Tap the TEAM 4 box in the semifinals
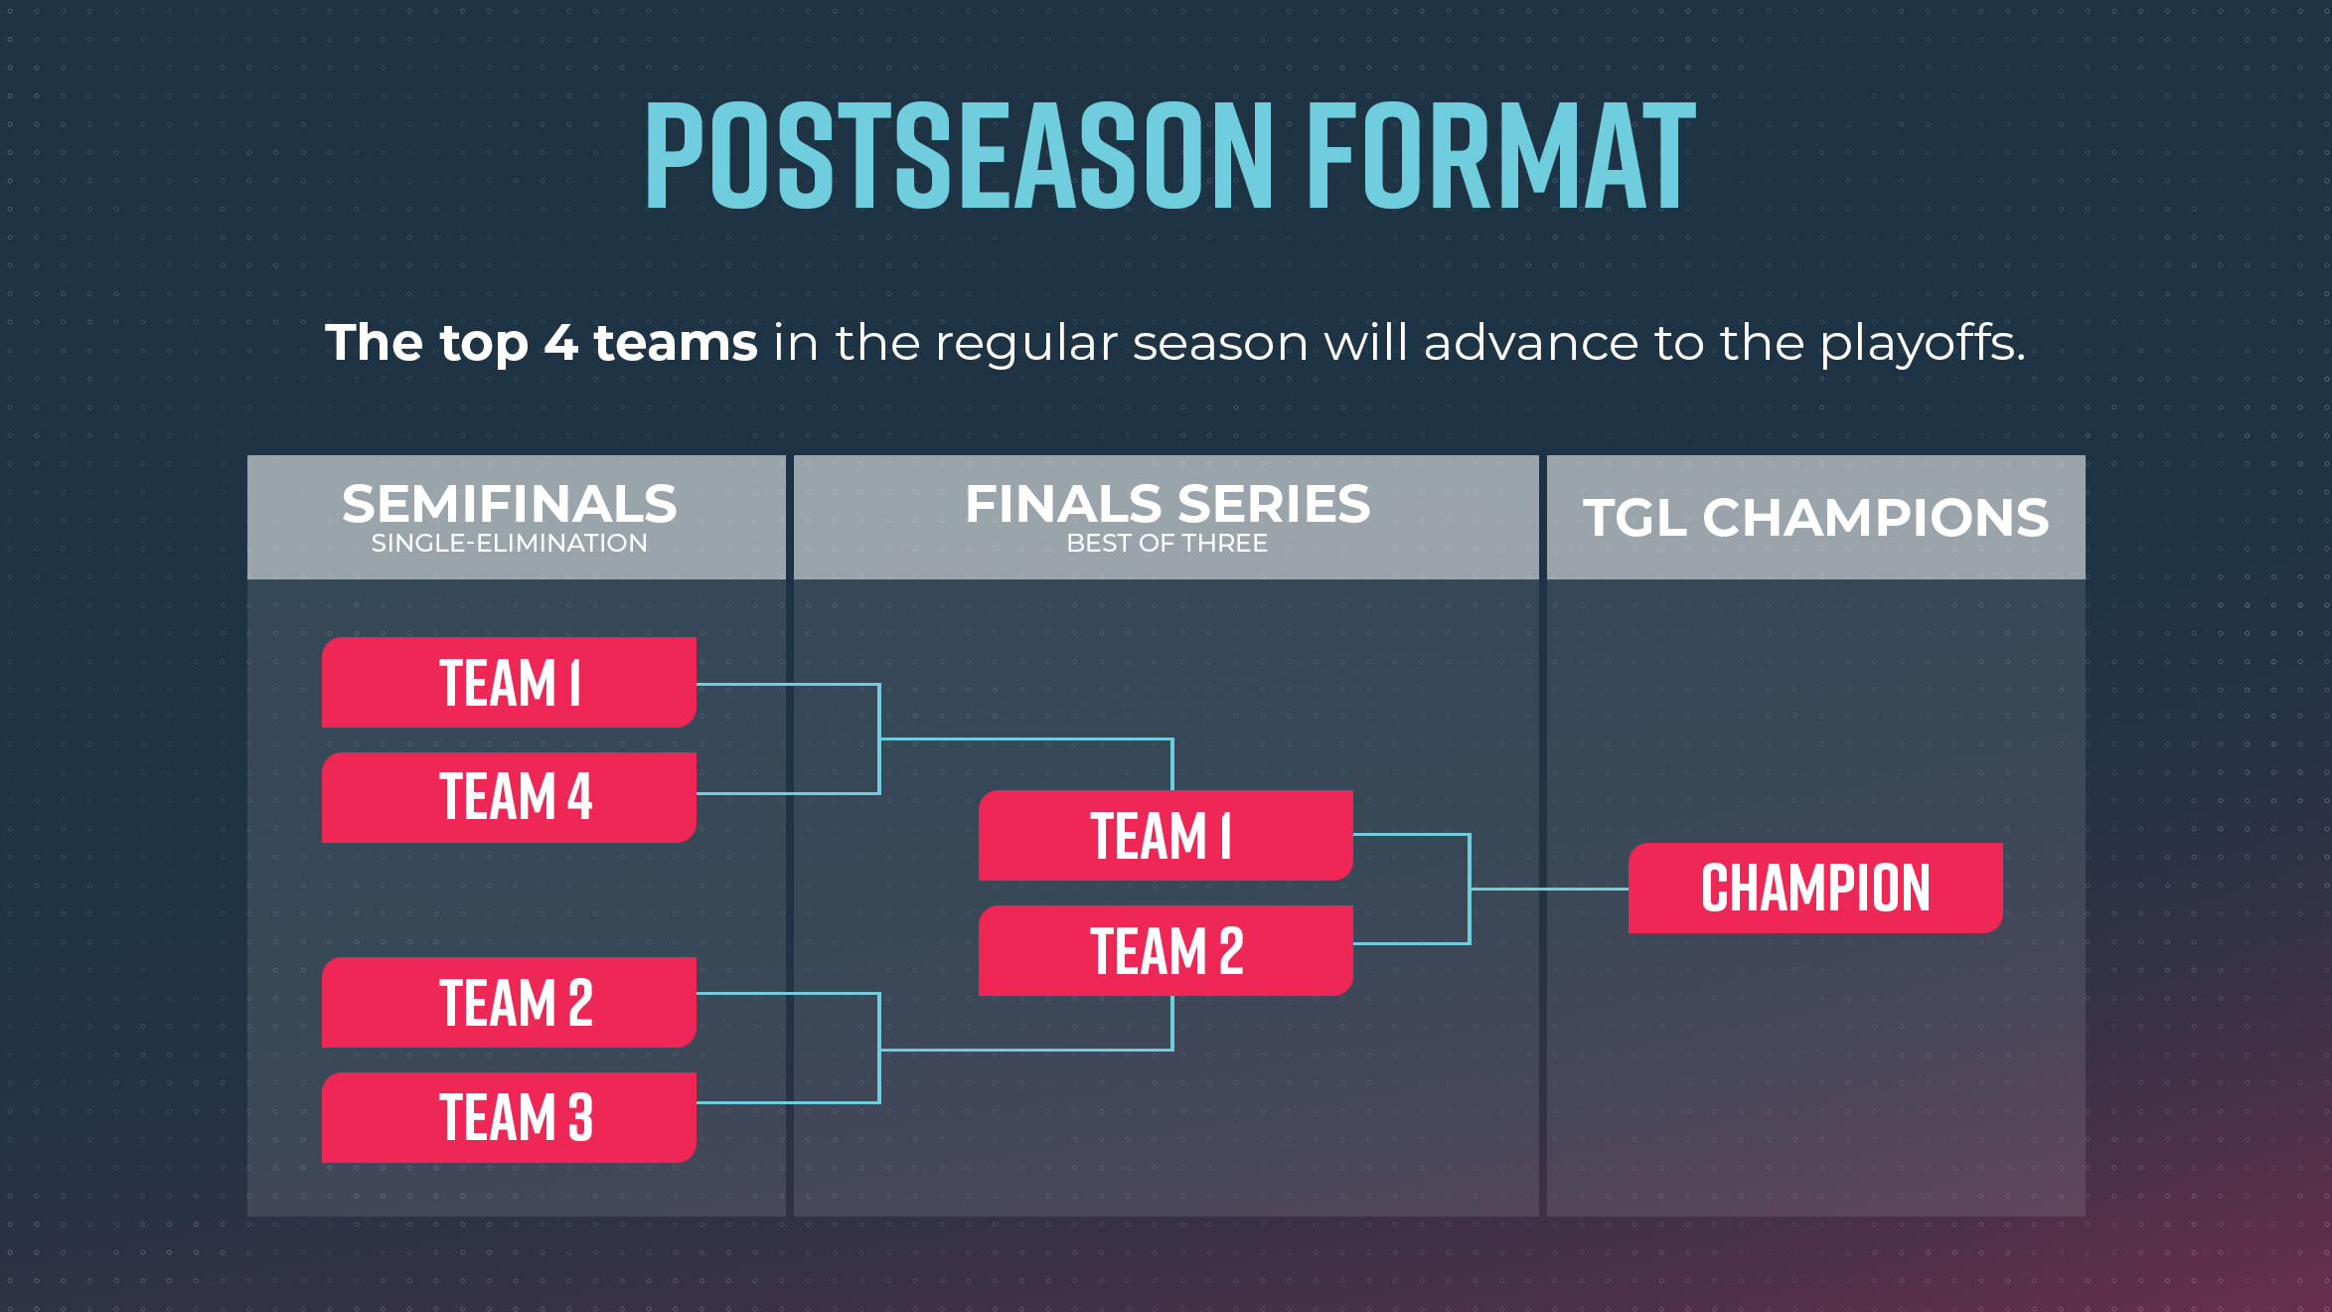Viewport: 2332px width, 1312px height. point(509,797)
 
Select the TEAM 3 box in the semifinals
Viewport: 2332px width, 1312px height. point(509,1117)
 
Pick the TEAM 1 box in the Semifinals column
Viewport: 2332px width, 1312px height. point(509,682)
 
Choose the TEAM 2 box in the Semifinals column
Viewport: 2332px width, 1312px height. point(509,1002)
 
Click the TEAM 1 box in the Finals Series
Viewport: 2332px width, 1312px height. point(1166,835)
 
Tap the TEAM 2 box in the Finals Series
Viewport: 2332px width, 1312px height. point(1166,950)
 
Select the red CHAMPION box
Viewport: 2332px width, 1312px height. point(1815,888)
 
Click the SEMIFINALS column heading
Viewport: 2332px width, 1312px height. point(509,504)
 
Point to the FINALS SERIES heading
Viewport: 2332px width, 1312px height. point(1167,504)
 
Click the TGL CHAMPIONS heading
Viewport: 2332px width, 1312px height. point(1815,518)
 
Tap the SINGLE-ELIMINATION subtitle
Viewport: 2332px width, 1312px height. point(509,544)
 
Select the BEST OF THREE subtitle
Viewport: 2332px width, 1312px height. point(1167,544)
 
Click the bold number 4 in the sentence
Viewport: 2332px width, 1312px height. point(560,343)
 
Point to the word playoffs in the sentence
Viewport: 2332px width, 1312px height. point(1922,344)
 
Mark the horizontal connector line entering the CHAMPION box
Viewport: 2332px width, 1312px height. point(1549,889)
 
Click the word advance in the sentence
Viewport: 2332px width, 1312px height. point(1531,343)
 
